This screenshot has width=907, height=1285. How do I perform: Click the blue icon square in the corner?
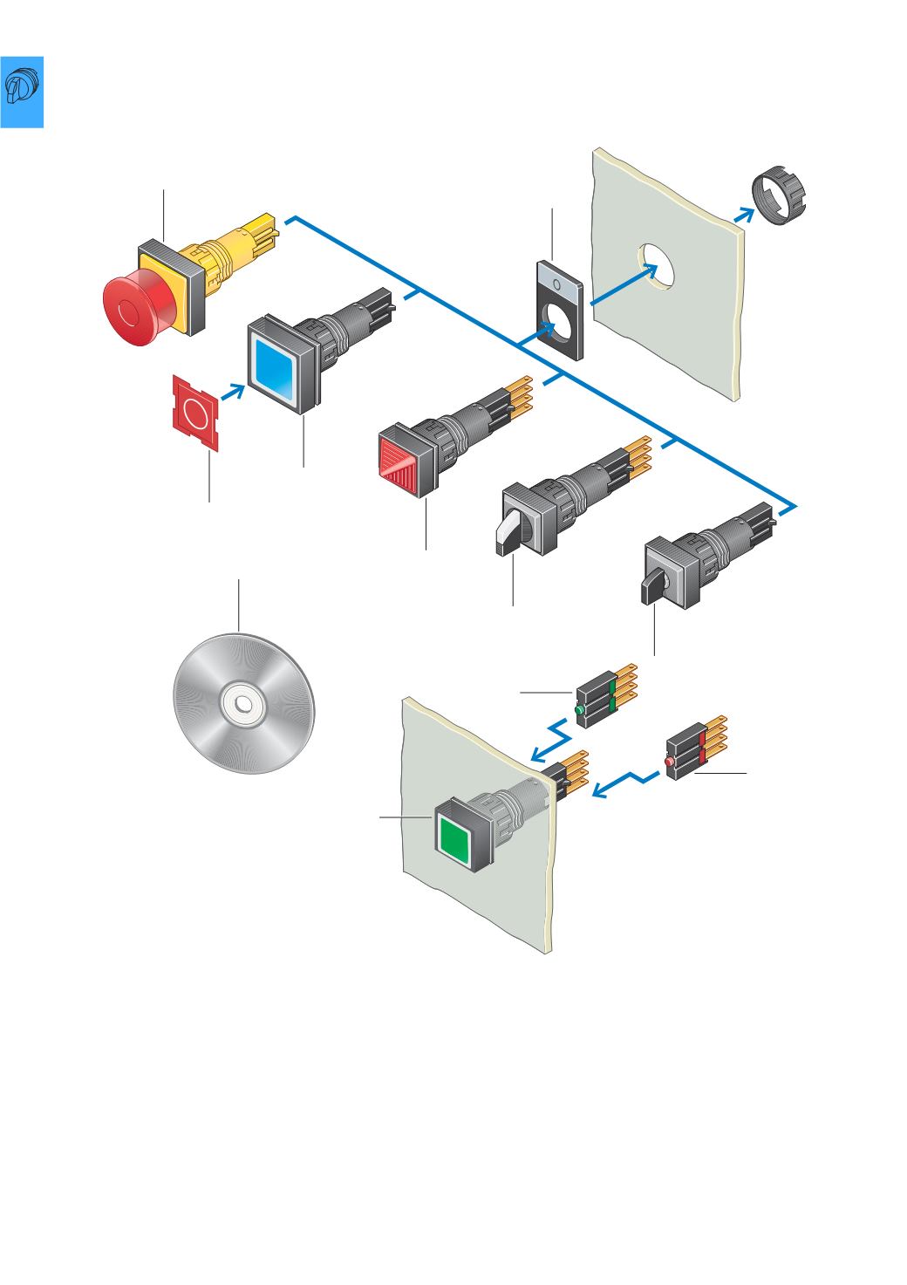click(x=21, y=92)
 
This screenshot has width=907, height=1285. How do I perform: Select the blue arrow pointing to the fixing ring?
click(x=744, y=216)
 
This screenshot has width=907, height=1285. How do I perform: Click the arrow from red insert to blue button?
click(x=231, y=392)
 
